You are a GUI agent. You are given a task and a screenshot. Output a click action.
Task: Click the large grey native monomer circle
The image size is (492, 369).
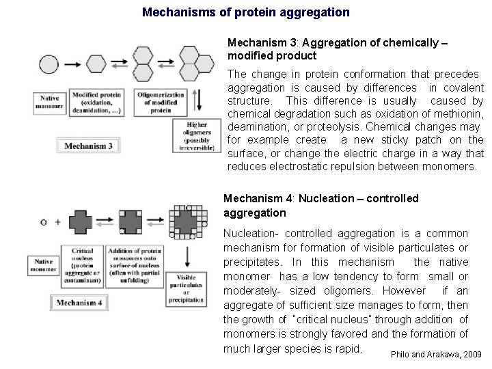coord(50,64)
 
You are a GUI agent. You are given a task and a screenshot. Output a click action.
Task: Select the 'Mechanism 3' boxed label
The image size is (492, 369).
coord(89,146)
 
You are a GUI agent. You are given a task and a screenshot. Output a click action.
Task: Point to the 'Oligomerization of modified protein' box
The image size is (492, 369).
coord(160,102)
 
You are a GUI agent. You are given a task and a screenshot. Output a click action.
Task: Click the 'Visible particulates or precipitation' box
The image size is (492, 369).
coord(190,288)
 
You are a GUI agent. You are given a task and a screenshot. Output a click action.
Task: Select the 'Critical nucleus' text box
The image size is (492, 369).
coord(82,263)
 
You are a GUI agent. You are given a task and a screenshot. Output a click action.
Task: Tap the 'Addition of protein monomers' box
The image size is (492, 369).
coord(138,263)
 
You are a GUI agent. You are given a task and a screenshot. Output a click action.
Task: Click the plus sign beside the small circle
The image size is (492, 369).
coord(58,222)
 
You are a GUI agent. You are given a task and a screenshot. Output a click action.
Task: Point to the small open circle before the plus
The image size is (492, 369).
coord(44,222)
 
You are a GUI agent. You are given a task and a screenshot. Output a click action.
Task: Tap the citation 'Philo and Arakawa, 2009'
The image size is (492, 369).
coord(435,355)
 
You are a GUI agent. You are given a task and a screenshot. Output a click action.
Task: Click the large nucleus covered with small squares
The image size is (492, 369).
coord(186,220)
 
